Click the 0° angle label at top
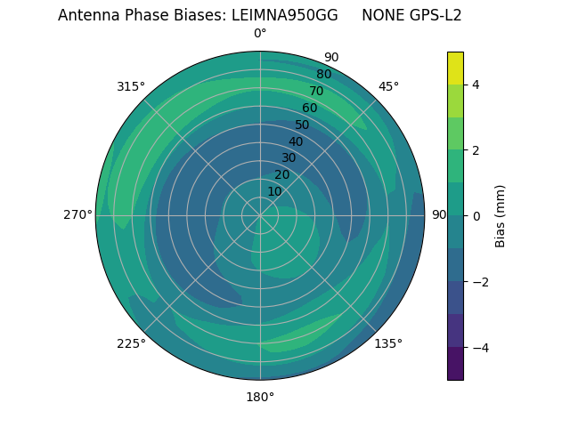coord(260,34)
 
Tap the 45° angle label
coord(388,86)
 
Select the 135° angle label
coord(388,343)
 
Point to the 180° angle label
coord(260,397)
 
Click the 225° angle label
coord(131,343)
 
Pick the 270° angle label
coord(77,214)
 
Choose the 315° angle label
coord(131,86)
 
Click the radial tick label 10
coord(274,191)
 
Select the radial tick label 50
coord(303,125)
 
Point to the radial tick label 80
coord(323,74)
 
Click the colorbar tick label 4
coord(476,85)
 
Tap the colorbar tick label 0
coord(476,216)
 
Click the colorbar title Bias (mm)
coord(501,216)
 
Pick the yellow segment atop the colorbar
coord(455,68)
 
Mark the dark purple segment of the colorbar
coord(455,364)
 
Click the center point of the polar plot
coord(260,215)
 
